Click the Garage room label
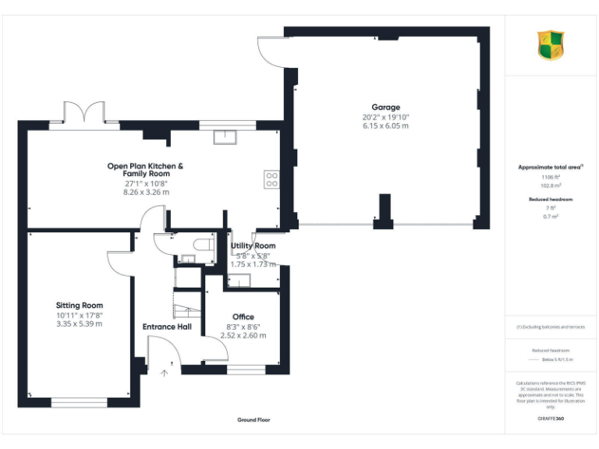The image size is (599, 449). click(385, 107)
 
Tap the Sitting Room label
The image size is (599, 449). click(79, 306)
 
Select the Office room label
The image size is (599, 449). click(243, 316)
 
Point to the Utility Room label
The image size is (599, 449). click(253, 246)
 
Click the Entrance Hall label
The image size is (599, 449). click(167, 327)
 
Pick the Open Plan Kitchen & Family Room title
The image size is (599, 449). click(146, 170)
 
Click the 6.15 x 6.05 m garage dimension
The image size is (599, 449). click(385, 126)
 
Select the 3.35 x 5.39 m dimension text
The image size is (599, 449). click(79, 323)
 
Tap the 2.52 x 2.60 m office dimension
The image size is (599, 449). click(243, 335)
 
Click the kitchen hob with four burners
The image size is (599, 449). click(272, 179)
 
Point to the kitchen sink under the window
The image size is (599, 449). click(227, 137)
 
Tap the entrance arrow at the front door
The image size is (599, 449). click(164, 373)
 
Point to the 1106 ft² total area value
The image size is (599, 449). click(551, 177)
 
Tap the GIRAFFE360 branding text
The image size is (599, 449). click(551, 419)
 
